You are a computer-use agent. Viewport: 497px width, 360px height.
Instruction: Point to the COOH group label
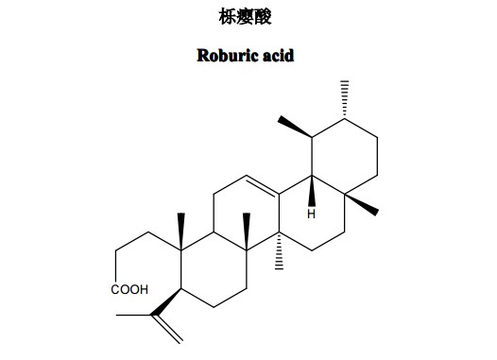tap(129, 290)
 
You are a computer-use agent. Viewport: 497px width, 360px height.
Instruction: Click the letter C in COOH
tap(115, 290)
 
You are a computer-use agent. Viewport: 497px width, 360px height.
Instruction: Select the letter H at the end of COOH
tap(144, 290)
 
